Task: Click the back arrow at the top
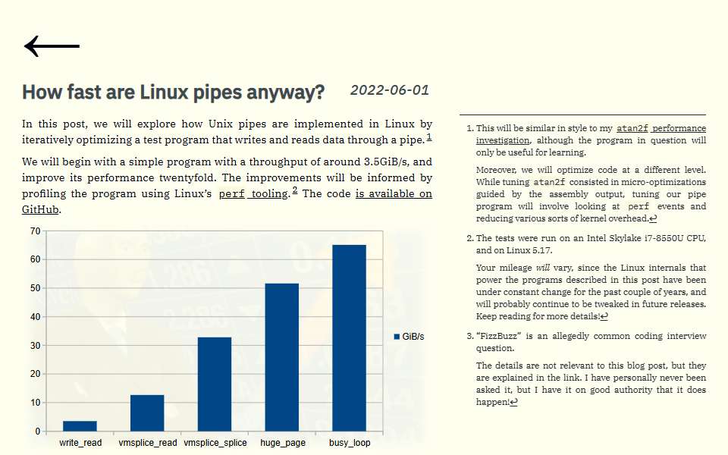pyautogui.click(x=52, y=46)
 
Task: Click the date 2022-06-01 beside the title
pyautogui.click(x=390, y=90)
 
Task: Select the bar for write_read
pyautogui.click(x=80, y=425)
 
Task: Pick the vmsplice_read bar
pyautogui.click(x=147, y=413)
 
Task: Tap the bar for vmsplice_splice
pyautogui.click(x=215, y=384)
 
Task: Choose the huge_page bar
pyautogui.click(x=282, y=357)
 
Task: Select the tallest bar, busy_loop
pyautogui.click(x=349, y=338)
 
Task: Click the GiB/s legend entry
pyautogui.click(x=409, y=337)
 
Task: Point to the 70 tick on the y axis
pyautogui.click(x=36, y=231)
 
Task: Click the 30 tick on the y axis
pyautogui.click(x=36, y=346)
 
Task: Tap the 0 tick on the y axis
pyautogui.click(x=38, y=431)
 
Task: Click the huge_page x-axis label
pyautogui.click(x=283, y=443)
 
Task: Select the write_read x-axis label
pyautogui.click(x=80, y=443)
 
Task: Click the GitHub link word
pyautogui.click(x=40, y=209)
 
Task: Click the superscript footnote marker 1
pyautogui.click(x=429, y=137)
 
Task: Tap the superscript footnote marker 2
pyautogui.click(x=295, y=190)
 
